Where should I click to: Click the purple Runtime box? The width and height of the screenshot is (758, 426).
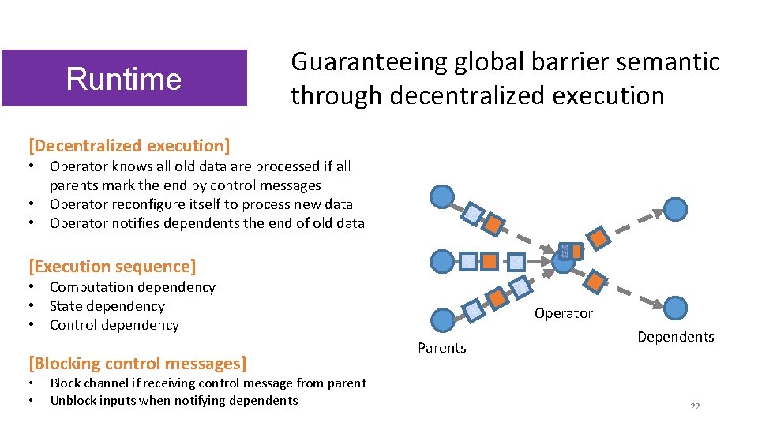pyautogui.click(x=124, y=78)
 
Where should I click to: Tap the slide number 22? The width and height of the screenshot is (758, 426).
pyautogui.click(x=695, y=406)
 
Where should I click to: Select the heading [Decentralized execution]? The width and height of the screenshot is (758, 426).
pyautogui.click(x=129, y=145)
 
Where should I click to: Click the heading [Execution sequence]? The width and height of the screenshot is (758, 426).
pyautogui.click(x=112, y=267)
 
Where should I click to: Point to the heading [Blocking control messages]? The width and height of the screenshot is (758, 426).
pyautogui.click(x=137, y=364)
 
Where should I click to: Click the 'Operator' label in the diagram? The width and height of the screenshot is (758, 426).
pyautogui.click(x=563, y=313)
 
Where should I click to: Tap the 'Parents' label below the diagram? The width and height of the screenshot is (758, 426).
pyautogui.click(x=441, y=348)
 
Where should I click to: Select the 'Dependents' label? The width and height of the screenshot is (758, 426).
pyautogui.click(x=675, y=337)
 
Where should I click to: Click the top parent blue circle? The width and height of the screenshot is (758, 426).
pyautogui.click(x=441, y=196)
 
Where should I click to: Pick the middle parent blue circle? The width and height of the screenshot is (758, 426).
pyautogui.click(x=443, y=260)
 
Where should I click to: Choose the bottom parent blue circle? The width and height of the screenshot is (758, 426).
pyautogui.click(x=443, y=319)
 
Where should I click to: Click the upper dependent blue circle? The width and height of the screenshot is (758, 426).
pyautogui.click(x=675, y=209)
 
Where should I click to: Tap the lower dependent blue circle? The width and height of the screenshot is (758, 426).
pyautogui.click(x=676, y=307)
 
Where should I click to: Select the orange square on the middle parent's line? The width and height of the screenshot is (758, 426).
pyautogui.click(x=490, y=260)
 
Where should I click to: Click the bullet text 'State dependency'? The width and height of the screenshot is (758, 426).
pyautogui.click(x=107, y=306)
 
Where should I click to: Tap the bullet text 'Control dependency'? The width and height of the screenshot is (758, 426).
pyautogui.click(x=114, y=325)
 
